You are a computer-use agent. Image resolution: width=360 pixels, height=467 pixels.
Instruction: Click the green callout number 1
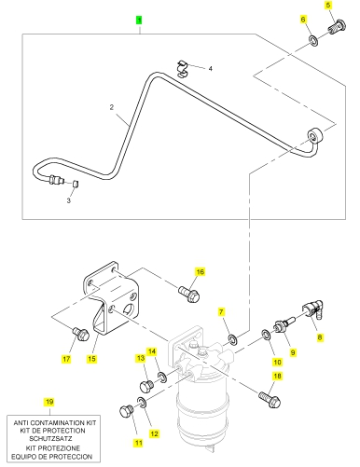(x=139, y=21)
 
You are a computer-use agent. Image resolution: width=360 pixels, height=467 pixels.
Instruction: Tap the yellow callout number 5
(x=328, y=6)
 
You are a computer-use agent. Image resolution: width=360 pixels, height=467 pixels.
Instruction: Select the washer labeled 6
(x=313, y=41)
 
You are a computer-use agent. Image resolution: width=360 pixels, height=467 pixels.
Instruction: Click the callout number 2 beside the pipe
(x=112, y=107)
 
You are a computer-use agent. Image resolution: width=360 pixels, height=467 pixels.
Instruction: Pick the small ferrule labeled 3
(x=76, y=184)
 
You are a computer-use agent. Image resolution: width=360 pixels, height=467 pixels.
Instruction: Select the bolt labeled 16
(x=188, y=294)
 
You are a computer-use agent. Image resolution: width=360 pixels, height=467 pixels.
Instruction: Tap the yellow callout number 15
(x=91, y=359)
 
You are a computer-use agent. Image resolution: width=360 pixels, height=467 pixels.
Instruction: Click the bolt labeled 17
(x=81, y=334)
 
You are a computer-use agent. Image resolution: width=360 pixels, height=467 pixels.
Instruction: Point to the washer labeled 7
(x=232, y=339)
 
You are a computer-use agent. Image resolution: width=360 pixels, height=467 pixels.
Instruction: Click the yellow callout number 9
(x=292, y=352)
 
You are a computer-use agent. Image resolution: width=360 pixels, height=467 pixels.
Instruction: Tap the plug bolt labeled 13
(x=146, y=386)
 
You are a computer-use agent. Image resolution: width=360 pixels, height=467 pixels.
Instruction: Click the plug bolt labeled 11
(x=127, y=411)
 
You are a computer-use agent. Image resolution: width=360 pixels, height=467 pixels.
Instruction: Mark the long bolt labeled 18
(x=270, y=400)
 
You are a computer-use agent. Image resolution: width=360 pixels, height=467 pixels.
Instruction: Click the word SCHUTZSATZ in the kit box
(x=51, y=439)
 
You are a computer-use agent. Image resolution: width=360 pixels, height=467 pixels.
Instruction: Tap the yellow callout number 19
(x=49, y=402)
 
